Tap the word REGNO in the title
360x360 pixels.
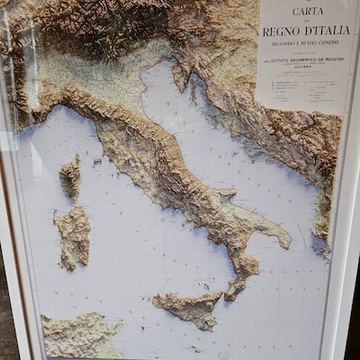pos(279,31)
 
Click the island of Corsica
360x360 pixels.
pos(70,177)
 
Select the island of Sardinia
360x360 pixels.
pos(73,236)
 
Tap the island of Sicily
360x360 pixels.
pos(190,309)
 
